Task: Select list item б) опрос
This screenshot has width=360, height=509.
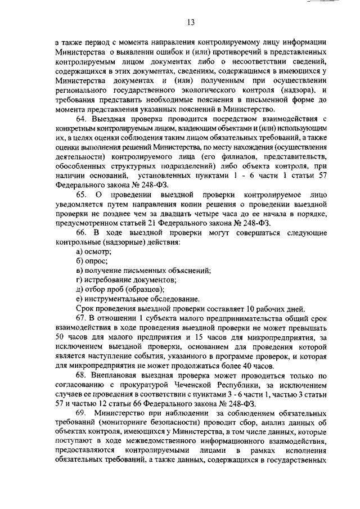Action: coord(92,261)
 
